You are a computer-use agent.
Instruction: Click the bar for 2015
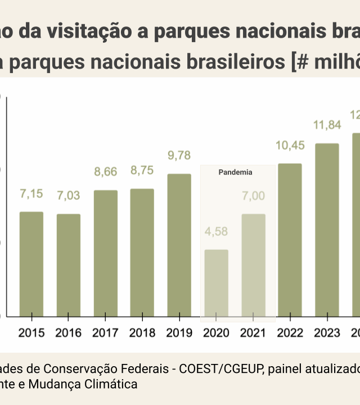31,264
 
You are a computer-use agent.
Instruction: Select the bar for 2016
69,265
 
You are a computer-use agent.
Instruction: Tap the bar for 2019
179,245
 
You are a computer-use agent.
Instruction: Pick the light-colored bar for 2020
216,283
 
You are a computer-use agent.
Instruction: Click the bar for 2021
253,265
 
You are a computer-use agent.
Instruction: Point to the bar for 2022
290,240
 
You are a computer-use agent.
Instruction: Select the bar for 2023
327,229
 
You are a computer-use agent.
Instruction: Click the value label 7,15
31,194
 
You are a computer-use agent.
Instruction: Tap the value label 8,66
105,172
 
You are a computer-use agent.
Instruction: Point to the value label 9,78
179,156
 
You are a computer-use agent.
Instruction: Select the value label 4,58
216,232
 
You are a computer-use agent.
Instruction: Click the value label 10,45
290,146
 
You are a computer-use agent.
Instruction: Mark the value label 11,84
327,125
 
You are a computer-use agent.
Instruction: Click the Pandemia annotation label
235,173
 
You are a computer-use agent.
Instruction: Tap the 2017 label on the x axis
105,333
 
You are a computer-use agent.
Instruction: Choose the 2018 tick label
142,333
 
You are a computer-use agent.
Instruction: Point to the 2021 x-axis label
253,333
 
